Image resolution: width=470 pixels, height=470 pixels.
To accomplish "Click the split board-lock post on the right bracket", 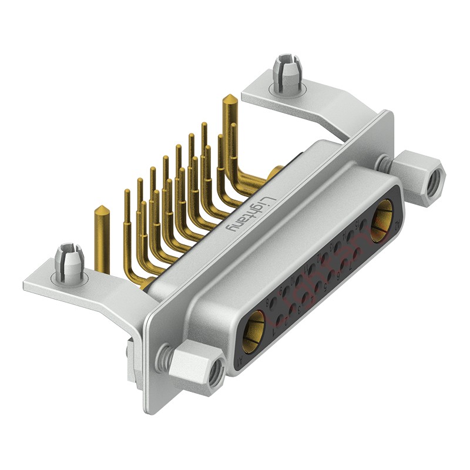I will tap(286, 72).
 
